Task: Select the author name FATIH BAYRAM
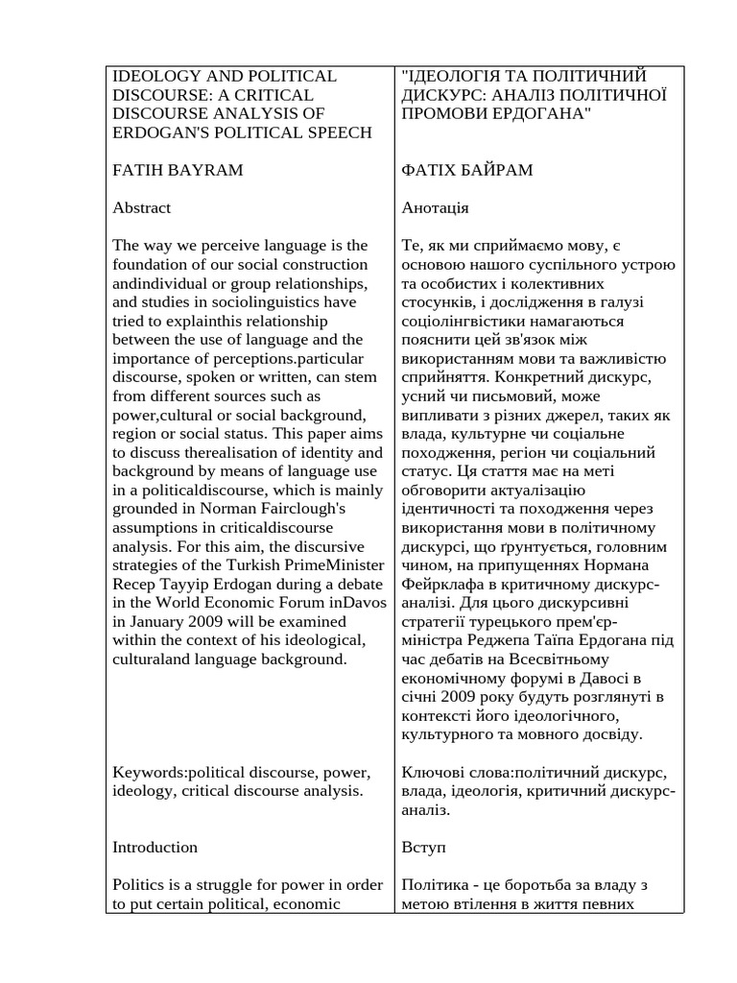coord(178,170)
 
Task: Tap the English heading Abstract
coord(141,207)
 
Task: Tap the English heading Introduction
coord(155,847)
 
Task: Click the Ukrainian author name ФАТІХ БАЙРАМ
coord(467,170)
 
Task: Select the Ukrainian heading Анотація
coord(435,207)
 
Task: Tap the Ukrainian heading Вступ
coord(423,847)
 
